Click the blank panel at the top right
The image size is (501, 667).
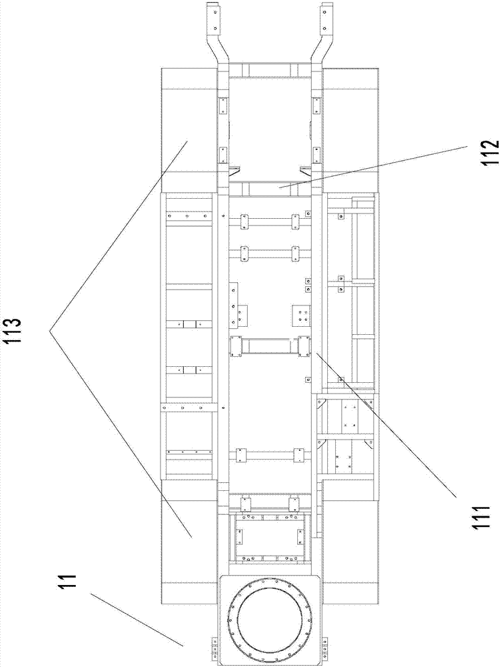coord(350,127)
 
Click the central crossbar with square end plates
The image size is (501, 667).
coord(270,346)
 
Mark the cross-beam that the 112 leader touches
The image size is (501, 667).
coord(270,189)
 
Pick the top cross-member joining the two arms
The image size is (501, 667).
coord(270,70)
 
